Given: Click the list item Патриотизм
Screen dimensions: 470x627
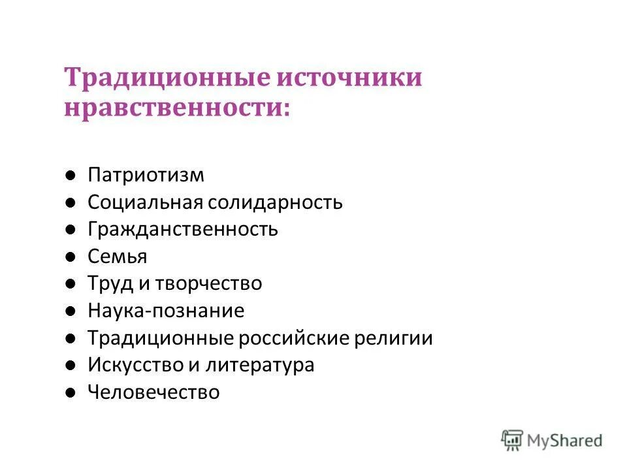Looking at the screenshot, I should point(146,175).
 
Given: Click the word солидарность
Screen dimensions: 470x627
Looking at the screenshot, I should point(276,202).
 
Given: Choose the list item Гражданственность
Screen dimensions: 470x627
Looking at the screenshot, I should point(183,230).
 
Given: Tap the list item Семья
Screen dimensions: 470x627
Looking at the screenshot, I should point(118,257).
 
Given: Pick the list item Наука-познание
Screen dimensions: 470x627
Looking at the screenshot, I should point(166,311).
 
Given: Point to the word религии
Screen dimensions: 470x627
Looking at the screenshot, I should point(398,338).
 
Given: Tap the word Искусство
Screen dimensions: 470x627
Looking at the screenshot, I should point(136,365).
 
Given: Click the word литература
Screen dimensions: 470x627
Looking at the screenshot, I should point(260,365).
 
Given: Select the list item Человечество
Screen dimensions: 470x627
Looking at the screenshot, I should point(153,392).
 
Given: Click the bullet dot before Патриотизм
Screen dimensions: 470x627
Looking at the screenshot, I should point(71,176).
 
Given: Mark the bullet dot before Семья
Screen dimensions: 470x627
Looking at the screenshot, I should point(71,257).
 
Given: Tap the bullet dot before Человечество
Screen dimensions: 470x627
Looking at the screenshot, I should point(71,393).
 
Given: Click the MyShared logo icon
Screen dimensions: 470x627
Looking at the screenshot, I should point(513,439).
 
